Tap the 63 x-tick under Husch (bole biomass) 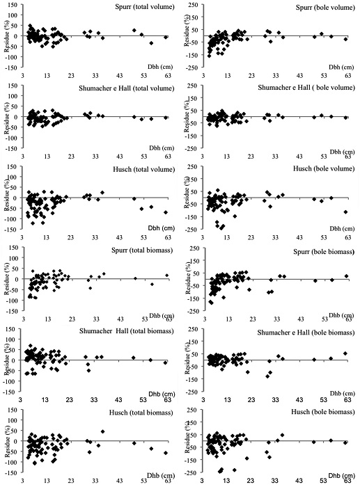(x=347, y=481)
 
